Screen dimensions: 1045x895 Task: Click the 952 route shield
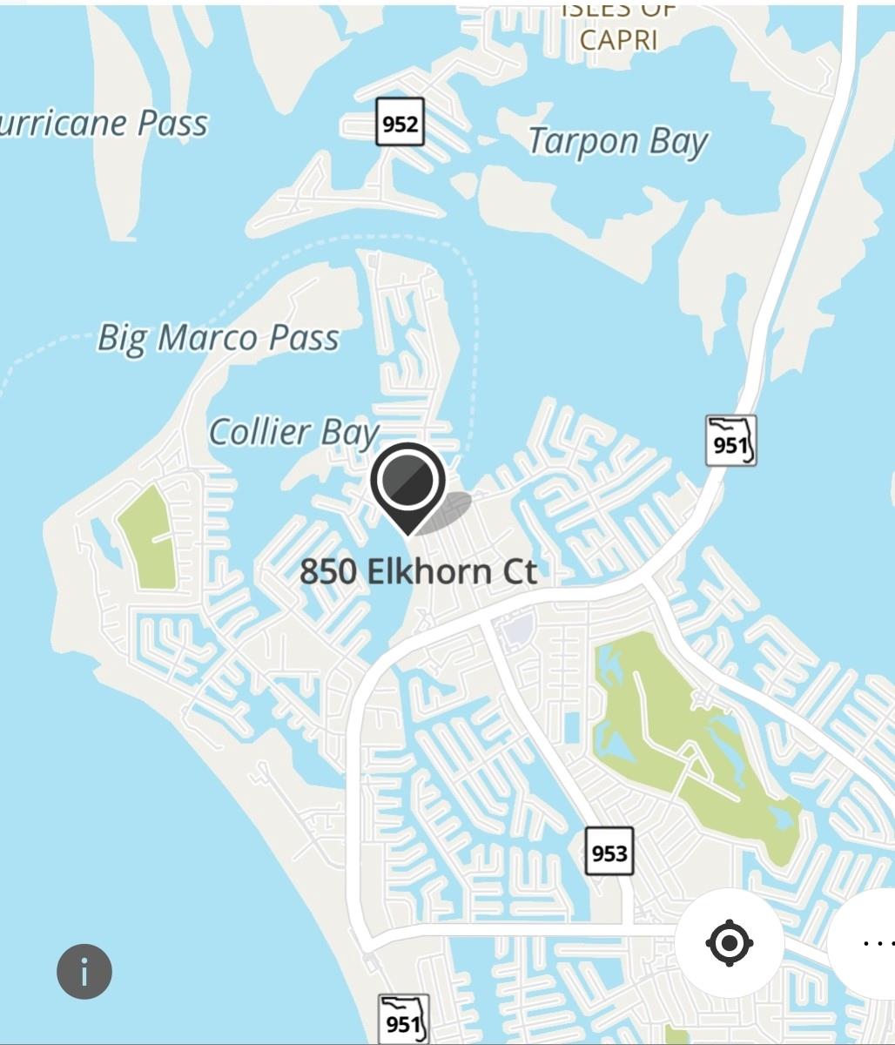pyautogui.click(x=400, y=123)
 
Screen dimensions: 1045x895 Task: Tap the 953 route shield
pyautogui.click(x=609, y=851)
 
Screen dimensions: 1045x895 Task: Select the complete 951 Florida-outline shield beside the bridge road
pyautogui.click(x=730, y=441)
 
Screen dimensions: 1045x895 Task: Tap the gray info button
pyautogui.click(x=84, y=971)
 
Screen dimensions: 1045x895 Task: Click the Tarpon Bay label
pyautogui.click(x=618, y=142)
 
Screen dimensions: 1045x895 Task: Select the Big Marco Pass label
pyautogui.click(x=218, y=338)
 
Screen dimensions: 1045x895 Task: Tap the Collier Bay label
pyautogui.click(x=294, y=433)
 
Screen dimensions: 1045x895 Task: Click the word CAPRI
pyautogui.click(x=618, y=39)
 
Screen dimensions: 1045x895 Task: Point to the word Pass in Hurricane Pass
pyautogui.click(x=172, y=124)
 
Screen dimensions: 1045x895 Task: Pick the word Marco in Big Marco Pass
pyautogui.click(x=208, y=338)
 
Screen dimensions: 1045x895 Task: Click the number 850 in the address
pyautogui.click(x=327, y=571)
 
